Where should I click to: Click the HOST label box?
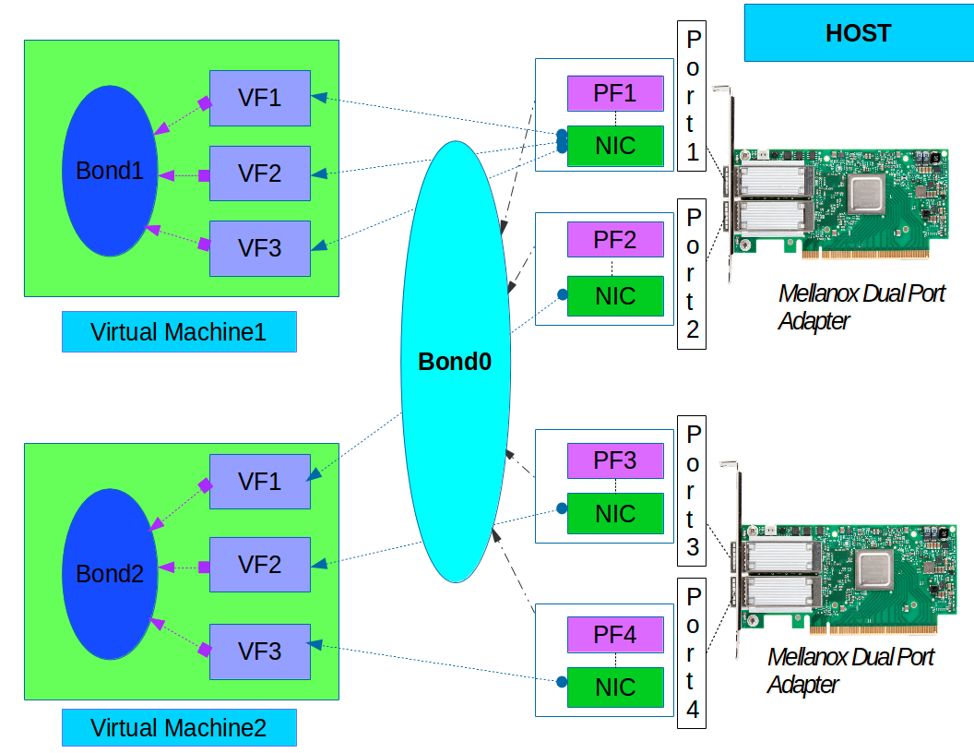858,34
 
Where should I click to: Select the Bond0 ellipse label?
455,362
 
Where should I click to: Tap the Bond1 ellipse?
110,171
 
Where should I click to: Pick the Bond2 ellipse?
110,573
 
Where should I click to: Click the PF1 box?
615,93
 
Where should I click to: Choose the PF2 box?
615,240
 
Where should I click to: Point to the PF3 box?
615,460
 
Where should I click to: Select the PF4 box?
615,635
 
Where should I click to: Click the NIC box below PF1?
615,146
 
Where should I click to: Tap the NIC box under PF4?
615,687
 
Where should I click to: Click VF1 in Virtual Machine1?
260,97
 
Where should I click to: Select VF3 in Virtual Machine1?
260,247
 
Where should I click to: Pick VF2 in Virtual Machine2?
260,564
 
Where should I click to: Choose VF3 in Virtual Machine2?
260,651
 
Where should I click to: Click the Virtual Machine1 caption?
179,332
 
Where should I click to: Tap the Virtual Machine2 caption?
179,728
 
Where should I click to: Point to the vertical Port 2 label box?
692,273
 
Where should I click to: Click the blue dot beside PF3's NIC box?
561,508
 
